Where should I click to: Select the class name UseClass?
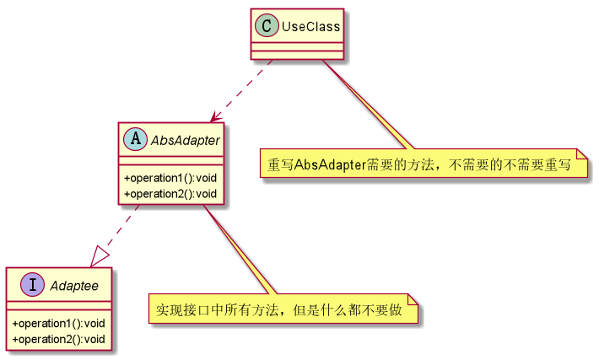[310, 26]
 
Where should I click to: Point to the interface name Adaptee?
[74, 287]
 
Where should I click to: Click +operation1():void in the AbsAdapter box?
[170, 179]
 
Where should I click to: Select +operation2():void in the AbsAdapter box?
[170, 194]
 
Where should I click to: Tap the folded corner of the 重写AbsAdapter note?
[581, 158]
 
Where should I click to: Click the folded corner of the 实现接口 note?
[413, 301]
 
